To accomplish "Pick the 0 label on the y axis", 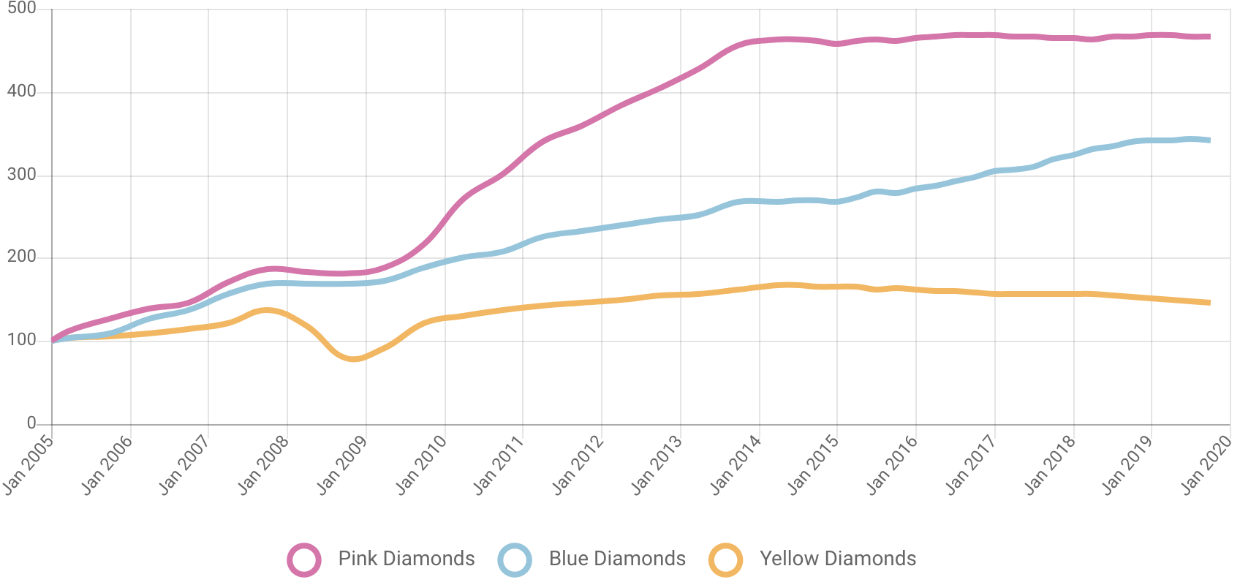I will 31,422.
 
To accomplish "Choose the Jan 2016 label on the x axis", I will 893,464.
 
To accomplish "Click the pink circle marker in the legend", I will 304,560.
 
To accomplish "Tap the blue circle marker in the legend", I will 515,560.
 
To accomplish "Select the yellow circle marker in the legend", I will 726,560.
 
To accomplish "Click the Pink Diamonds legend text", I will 406,559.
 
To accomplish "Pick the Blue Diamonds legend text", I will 617,559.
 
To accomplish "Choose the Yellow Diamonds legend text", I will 838,559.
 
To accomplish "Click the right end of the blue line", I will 1209,140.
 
